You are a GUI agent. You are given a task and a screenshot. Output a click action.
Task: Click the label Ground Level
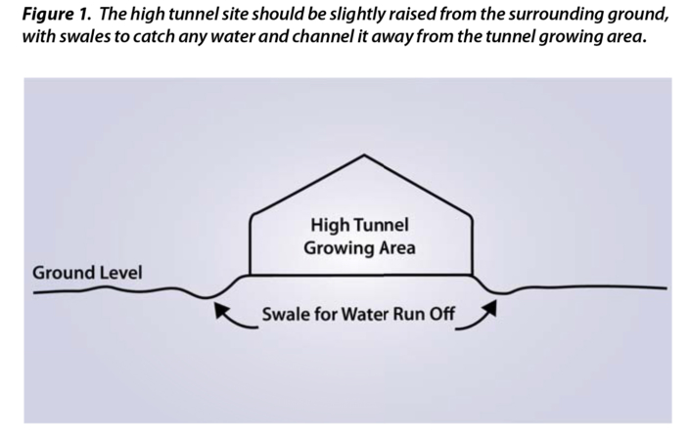(87, 271)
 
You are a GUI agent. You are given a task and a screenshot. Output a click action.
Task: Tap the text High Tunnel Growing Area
(359, 237)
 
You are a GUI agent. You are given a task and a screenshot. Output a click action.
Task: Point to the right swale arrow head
(491, 305)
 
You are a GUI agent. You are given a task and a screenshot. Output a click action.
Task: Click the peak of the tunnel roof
(364, 155)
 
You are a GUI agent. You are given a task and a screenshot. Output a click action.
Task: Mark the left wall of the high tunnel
(251, 244)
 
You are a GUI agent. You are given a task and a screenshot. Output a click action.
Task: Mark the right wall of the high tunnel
(474, 244)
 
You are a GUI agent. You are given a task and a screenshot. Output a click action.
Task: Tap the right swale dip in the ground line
(499, 290)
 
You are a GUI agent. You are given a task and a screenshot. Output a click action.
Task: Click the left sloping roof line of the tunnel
(308, 184)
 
